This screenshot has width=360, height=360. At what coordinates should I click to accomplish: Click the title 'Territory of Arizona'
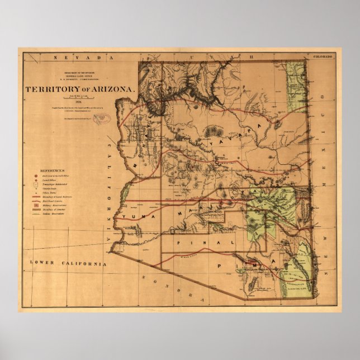[79, 90]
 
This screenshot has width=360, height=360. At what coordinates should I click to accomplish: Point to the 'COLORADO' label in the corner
[323, 57]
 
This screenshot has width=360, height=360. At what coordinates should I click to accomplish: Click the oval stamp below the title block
[102, 117]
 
